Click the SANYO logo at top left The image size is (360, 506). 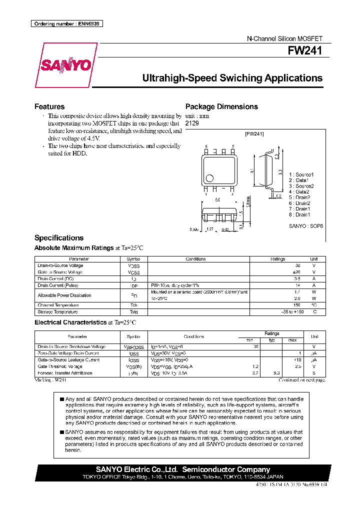65,65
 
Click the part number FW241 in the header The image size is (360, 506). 304,51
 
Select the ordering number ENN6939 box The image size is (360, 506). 67,23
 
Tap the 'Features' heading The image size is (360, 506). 49,106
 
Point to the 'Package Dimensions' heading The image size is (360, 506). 221,106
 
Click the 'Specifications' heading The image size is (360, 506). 59,238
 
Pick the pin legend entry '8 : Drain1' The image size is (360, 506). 299,214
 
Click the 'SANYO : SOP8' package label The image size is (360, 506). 306,226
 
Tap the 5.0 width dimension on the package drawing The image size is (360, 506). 218,200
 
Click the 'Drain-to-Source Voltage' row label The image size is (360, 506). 60,265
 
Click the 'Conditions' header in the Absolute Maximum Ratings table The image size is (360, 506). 195,259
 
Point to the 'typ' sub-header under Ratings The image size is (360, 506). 272,340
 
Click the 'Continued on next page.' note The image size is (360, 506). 302,380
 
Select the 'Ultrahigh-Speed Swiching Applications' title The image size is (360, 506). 232,78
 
